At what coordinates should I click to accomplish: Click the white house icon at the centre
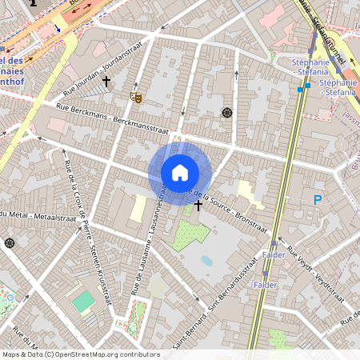(180, 172)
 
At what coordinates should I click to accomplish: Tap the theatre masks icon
(135, 96)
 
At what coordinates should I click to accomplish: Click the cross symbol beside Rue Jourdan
(106, 82)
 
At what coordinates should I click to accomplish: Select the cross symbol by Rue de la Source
(198, 206)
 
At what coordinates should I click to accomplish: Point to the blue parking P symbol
(318, 200)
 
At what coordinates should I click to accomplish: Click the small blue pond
(206, 260)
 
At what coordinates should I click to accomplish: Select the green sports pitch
(83, 302)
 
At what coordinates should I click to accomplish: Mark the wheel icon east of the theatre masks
(227, 113)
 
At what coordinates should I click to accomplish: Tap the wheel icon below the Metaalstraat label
(9, 243)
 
